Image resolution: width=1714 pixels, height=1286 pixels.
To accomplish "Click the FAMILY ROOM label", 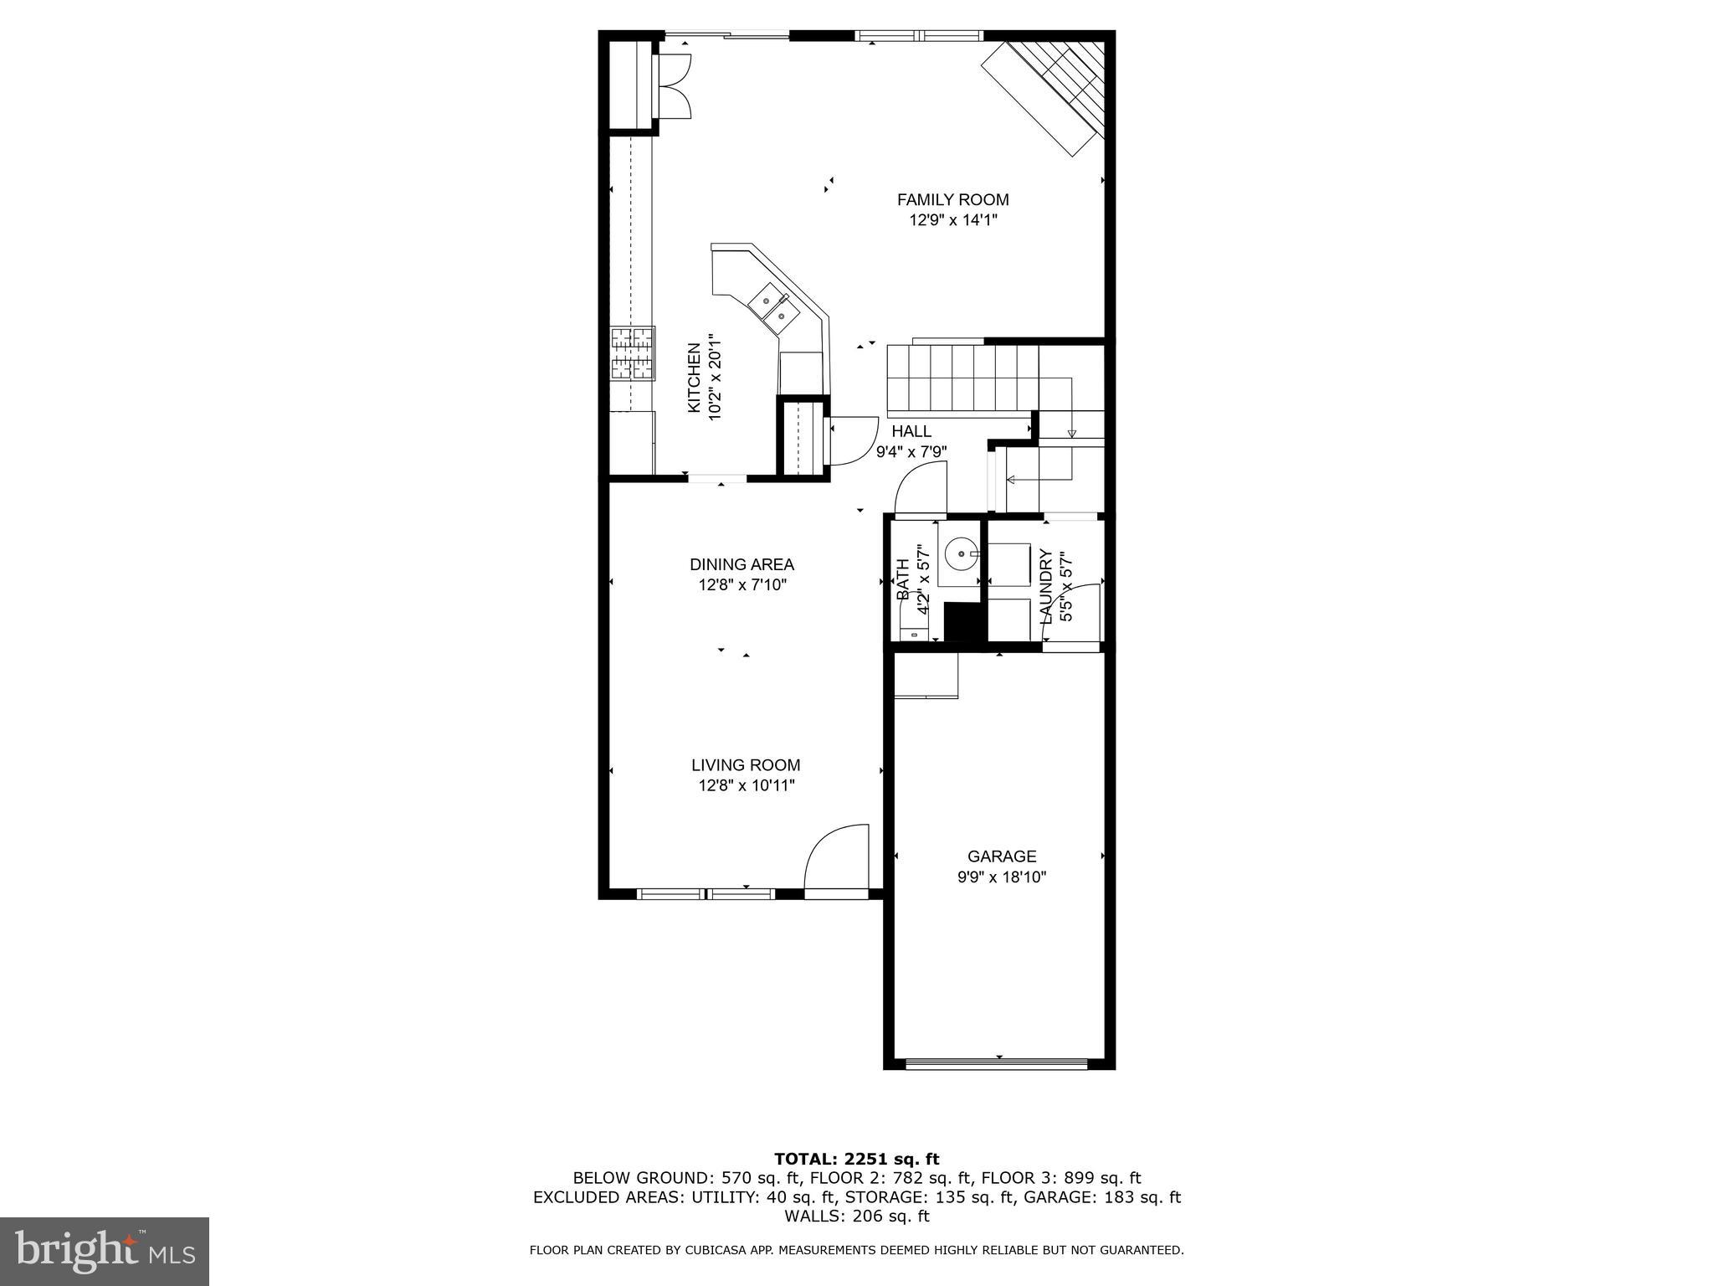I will click(x=952, y=200).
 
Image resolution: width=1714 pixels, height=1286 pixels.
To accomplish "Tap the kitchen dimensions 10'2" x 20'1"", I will click(x=715, y=378).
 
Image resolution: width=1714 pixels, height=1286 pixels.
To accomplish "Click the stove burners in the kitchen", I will click(x=632, y=353).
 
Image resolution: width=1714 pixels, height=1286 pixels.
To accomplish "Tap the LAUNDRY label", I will click(x=1045, y=586).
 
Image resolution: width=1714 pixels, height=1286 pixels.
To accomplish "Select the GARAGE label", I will click(x=1002, y=856).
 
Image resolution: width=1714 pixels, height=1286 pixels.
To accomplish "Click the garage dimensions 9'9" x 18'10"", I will click(x=1002, y=877).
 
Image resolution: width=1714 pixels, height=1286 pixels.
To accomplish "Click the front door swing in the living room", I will click(x=837, y=859).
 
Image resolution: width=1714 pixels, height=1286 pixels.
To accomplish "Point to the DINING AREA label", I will click(x=742, y=565).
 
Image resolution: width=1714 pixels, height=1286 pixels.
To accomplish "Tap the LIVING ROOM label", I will click(x=746, y=765).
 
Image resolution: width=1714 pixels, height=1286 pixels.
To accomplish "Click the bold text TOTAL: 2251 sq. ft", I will click(x=856, y=1159).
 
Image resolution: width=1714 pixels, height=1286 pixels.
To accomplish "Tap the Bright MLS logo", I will click(x=105, y=1251).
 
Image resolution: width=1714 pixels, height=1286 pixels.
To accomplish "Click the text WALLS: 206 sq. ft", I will click(x=856, y=1217).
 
